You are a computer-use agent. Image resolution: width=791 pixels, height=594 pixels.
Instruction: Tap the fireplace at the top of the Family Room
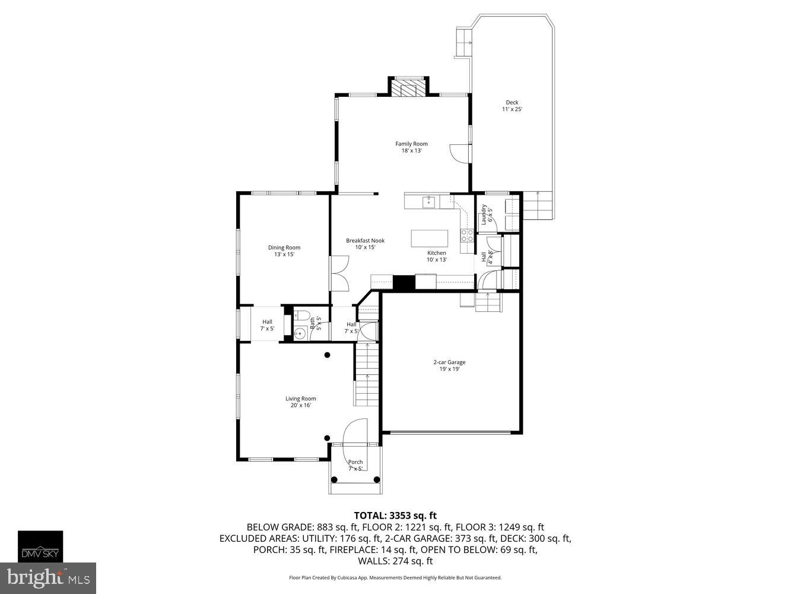point(408,89)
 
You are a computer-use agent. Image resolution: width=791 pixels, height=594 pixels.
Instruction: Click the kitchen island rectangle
point(430,238)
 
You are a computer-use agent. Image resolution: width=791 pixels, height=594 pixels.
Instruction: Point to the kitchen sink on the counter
point(428,202)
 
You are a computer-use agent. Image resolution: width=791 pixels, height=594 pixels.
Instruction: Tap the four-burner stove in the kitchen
point(467,235)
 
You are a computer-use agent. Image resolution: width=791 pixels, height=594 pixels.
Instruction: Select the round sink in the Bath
point(299,334)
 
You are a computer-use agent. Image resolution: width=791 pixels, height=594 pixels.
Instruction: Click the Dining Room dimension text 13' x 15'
point(284,254)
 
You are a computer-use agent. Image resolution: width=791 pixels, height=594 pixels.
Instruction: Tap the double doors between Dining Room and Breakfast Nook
point(339,273)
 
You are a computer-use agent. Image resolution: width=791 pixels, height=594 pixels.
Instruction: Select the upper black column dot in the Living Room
point(327,355)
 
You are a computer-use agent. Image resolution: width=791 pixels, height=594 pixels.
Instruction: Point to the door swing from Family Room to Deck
point(459,153)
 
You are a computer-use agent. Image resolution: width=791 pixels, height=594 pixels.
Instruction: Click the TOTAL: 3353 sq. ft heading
point(395,516)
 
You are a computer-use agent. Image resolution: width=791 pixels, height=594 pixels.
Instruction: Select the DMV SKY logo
point(40,546)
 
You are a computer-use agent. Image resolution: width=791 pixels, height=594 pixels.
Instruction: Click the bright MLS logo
point(48,578)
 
